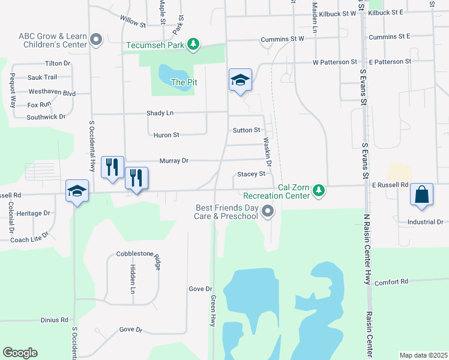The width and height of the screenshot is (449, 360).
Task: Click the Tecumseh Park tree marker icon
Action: pyautogui.click(x=193, y=44)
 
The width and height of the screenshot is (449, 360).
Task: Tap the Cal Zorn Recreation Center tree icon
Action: pyautogui.click(x=319, y=191)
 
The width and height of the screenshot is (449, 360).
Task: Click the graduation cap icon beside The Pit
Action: pyautogui.click(x=240, y=79)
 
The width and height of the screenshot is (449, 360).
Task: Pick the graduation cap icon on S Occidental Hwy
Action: pyautogui.click(x=77, y=191)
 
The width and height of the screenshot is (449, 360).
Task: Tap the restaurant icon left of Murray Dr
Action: pyautogui.click(x=112, y=167)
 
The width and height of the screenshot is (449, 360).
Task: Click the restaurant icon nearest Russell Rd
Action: pyautogui.click(x=136, y=178)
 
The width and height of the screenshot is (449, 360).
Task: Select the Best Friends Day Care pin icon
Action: pyautogui.click(x=268, y=211)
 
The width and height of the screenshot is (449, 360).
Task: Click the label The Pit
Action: pyautogui.click(x=184, y=82)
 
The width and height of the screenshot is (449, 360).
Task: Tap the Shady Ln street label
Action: pyautogui.click(x=160, y=113)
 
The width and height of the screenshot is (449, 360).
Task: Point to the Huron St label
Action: pyautogui.click(x=166, y=135)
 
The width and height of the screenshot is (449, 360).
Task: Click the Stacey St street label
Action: pyautogui.click(x=251, y=174)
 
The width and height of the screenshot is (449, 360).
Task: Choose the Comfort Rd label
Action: pyautogui.click(x=391, y=281)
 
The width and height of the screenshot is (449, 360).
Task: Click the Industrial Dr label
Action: pyautogui.click(x=423, y=222)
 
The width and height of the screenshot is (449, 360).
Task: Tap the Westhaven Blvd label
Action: pyautogui.click(x=52, y=92)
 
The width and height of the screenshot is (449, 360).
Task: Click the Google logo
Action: pyautogui.click(x=20, y=353)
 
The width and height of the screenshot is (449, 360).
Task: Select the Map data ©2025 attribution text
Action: pyautogui.click(x=423, y=355)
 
